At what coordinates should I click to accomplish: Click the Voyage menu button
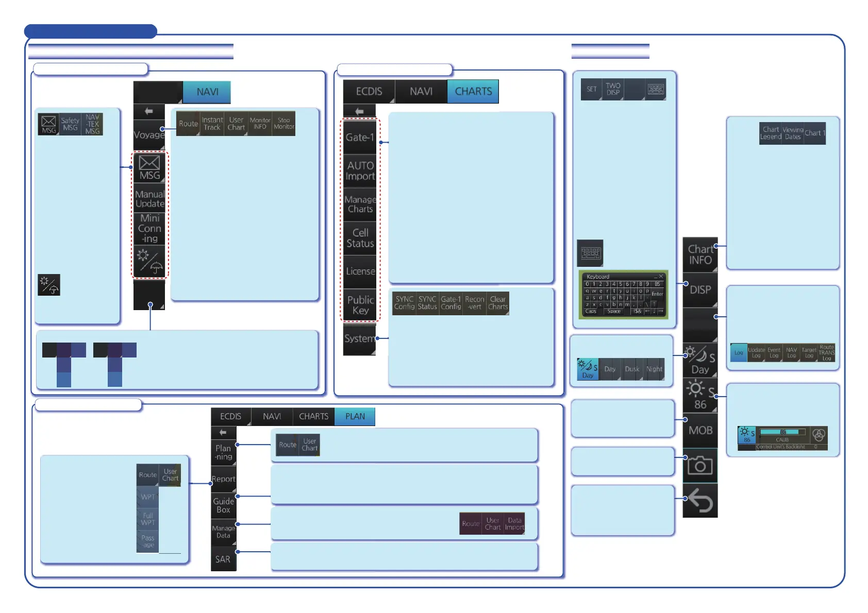tap(149, 134)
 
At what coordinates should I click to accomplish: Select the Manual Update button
tap(149, 199)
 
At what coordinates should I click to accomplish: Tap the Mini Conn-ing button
tap(149, 228)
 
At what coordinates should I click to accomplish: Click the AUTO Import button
tap(360, 171)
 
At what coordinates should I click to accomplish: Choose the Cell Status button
tap(360, 238)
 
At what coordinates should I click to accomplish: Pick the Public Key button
tap(360, 305)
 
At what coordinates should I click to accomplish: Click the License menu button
tap(360, 271)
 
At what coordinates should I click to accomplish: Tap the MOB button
tap(700, 430)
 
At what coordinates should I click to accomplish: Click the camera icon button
tap(700, 466)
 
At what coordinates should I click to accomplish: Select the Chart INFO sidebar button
tap(700, 255)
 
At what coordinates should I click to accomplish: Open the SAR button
tap(223, 559)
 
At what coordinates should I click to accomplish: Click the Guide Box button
tap(223, 505)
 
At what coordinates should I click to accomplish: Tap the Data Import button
tap(514, 524)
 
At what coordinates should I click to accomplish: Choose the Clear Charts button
tap(498, 303)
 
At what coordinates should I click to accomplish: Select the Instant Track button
tap(212, 124)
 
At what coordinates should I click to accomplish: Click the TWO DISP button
tap(613, 89)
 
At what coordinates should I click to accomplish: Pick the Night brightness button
tap(654, 369)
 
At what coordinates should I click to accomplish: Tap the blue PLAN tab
tap(355, 416)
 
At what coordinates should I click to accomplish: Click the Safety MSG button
tap(70, 124)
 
